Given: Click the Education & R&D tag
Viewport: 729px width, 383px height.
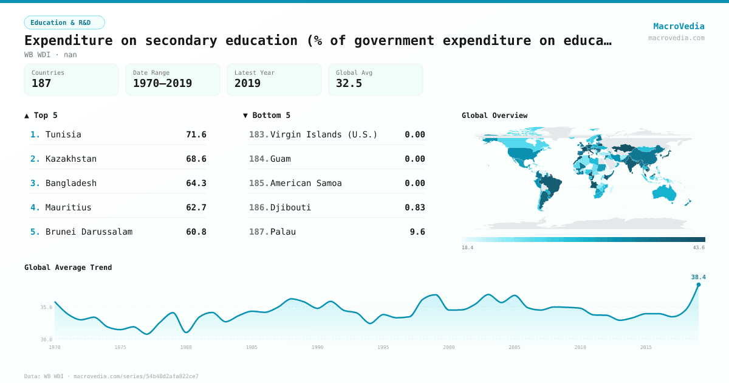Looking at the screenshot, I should (64, 22).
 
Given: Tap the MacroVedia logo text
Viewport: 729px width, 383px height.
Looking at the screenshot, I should (679, 26).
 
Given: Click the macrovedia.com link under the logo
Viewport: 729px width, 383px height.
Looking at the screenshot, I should (676, 38).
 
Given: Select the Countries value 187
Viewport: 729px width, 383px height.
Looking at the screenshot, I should (41, 83).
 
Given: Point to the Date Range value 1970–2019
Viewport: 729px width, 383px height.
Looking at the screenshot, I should (162, 83).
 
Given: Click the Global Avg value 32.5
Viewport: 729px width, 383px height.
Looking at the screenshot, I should (349, 83).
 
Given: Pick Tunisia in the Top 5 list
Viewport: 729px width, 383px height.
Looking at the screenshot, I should (63, 134).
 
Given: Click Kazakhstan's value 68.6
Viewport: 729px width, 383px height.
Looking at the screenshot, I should (196, 159).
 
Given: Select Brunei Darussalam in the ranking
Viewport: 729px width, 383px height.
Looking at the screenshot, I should (89, 232).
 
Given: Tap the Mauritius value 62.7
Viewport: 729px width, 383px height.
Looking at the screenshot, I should (196, 207).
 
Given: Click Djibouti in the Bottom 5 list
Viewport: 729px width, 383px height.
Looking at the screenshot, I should (290, 207).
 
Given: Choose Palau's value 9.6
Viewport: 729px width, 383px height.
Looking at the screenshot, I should (417, 232).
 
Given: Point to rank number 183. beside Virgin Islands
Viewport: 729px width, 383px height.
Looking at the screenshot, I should (258, 134).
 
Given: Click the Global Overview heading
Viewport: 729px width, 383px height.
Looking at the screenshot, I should (494, 115).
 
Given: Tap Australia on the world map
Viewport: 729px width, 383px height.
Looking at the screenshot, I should (665, 193).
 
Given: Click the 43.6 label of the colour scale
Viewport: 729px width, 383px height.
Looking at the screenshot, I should (699, 247).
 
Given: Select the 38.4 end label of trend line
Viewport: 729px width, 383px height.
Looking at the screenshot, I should (698, 277).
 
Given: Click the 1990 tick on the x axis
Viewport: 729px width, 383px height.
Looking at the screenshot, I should (317, 347).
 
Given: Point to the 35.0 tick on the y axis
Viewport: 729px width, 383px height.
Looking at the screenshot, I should (46, 308).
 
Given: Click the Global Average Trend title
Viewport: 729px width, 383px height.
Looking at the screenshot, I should (68, 267).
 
